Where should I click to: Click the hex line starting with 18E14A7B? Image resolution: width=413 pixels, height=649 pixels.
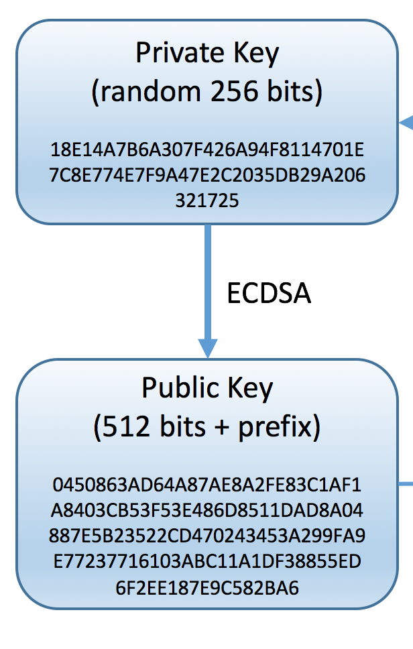click(x=207, y=147)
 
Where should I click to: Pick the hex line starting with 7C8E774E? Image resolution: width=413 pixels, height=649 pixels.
click(x=207, y=174)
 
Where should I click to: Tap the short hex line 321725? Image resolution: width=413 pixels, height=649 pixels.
click(x=207, y=200)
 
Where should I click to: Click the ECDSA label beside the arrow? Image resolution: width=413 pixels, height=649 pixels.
click(x=269, y=294)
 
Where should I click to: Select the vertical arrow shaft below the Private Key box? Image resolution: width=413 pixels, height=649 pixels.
click(x=207, y=282)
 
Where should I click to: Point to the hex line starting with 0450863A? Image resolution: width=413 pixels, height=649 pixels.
click(x=207, y=484)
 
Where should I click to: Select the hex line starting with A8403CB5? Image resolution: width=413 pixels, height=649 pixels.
click(x=207, y=510)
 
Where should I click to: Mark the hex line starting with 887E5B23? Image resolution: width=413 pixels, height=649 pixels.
click(x=207, y=536)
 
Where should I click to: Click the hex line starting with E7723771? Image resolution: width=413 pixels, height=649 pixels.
click(x=207, y=562)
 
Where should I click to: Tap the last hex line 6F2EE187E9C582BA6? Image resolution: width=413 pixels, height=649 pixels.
click(x=207, y=588)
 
